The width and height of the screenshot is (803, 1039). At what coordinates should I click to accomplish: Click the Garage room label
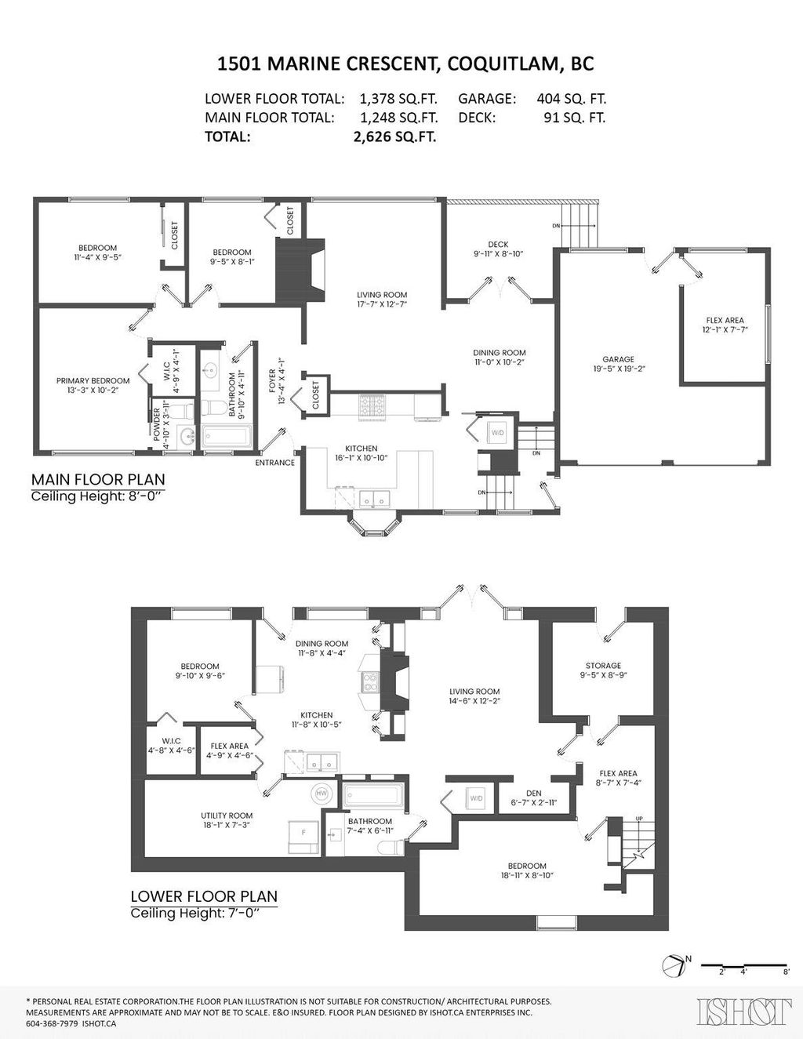click(x=618, y=364)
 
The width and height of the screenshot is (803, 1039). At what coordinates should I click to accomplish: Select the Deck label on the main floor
click(x=498, y=249)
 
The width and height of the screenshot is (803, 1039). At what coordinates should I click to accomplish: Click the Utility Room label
click(x=226, y=820)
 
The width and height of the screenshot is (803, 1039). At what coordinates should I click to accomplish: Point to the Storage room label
click(x=602, y=670)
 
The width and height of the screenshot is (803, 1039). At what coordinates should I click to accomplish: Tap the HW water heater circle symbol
click(x=322, y=794)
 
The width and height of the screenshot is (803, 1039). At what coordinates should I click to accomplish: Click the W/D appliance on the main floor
click(x=498, y=432)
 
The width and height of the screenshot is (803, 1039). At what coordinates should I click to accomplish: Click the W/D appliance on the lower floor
click(x=476, y=798)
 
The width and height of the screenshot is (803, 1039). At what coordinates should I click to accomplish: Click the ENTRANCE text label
click(x=274, y=463)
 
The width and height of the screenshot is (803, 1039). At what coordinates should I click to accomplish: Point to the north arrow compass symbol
click(x=673, y=967)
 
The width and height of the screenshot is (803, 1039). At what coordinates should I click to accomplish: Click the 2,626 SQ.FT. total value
click(x=395, y=136)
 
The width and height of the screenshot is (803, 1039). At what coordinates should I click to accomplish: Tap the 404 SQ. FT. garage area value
click(x=571, y=99)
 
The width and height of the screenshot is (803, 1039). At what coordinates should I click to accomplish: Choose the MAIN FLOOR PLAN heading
click(x=98, y=479)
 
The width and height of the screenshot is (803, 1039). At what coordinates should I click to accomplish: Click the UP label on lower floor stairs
click(x=639, y=819)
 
